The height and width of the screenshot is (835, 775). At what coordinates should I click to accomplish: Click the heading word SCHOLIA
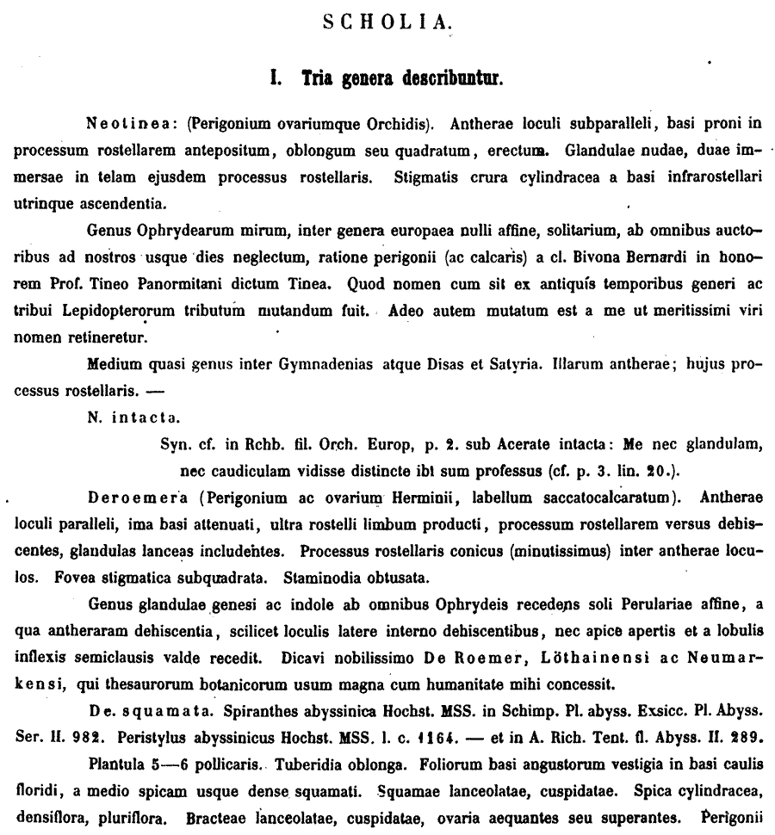pyautogui.click(x=387, y=22)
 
